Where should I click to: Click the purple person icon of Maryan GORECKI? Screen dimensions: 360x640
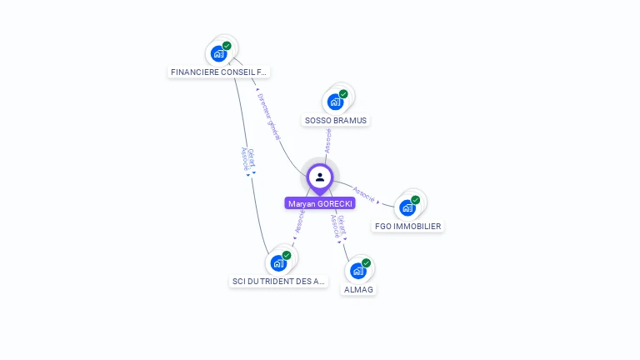pyautogui.click(x=320, y=177)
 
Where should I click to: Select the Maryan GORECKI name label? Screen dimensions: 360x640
pyautogui.click(x=320, y=203)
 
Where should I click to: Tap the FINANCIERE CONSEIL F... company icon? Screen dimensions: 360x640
pyautogui.click(x=219, y=53)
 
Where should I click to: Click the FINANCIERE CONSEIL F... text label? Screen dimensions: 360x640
pyautogui.click(x=219, y=72)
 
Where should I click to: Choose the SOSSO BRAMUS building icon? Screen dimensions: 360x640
pyautogui.click(x=336, y=102)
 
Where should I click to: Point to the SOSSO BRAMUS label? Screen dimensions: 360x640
pyautogui.click(x=336, y=120)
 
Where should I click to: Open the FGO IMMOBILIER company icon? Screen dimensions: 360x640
pyautogui.click(x=407, y=207)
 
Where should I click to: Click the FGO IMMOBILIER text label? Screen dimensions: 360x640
pyautogui.click(x=408, y=226)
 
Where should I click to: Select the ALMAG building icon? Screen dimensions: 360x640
pyautogui.click(x=358, y=271)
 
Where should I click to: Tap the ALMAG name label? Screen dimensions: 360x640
pyautogui.click(x=359, y=289)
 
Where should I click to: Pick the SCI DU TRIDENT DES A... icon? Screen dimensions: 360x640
pyautogui.click(x=278, y=263)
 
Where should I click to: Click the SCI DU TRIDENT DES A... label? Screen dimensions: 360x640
pyautogui.click(x=278, y=282)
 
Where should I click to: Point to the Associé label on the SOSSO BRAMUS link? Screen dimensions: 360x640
pyautogui.click(x=328, y=139)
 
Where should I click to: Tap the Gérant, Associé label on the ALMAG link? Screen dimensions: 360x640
pyautogui.click(x=337, y=227)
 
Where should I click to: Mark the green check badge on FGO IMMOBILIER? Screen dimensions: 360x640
pyautogui.click(x=415, y=200)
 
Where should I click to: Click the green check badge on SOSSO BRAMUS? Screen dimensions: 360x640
pyautogui.click(x=343, y=94)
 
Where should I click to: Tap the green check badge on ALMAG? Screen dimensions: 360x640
pyautogui.click(x=366, y=263)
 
